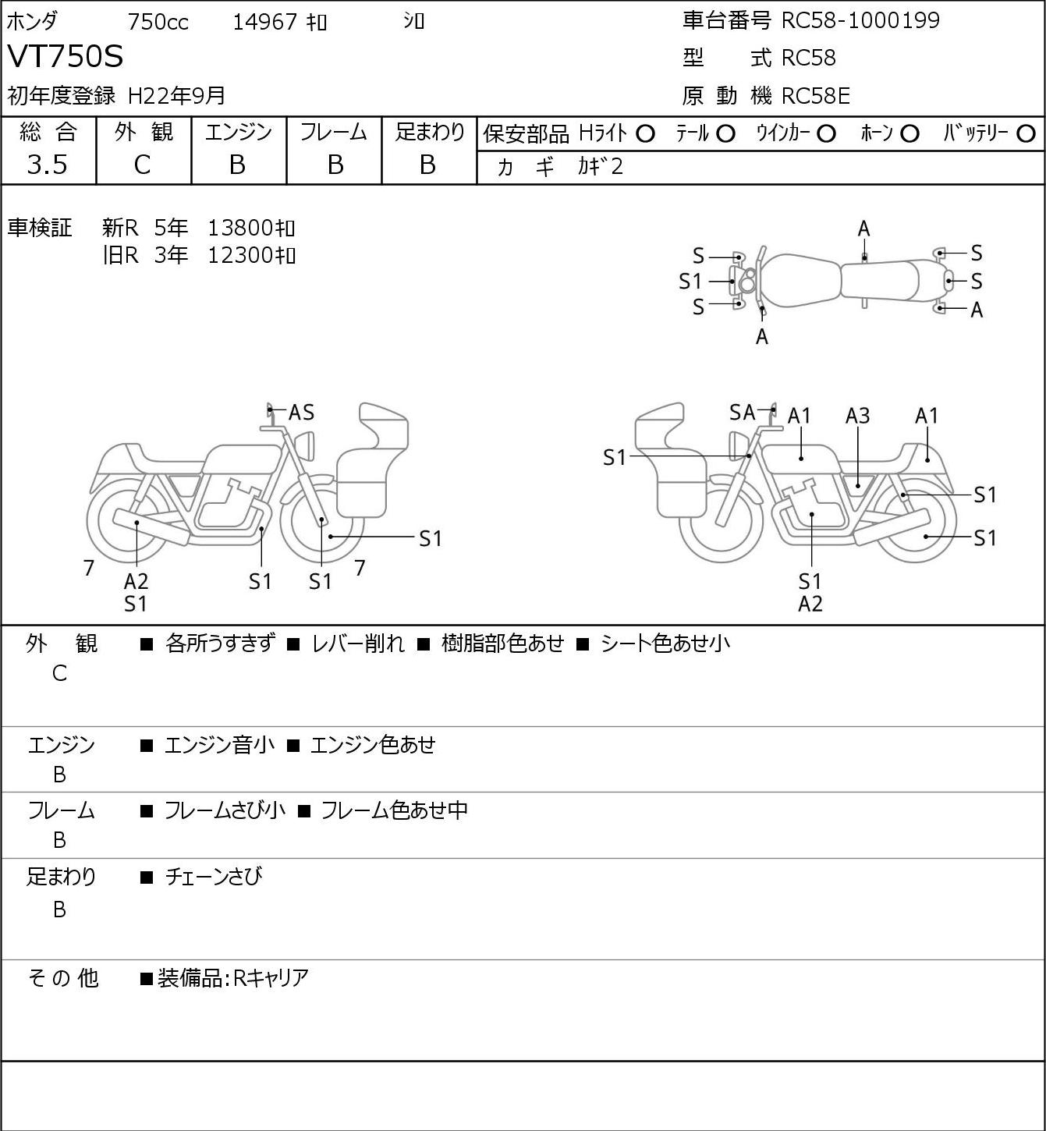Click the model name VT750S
(65, 56)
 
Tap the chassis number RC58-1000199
(860, 20)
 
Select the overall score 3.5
(48, 165)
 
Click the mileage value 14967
(265, 22)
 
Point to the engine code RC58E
(816, 96)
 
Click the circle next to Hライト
(645, 134)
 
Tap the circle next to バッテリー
(1026, 134)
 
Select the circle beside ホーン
(909, 134)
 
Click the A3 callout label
(857, 416)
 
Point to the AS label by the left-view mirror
(301, 413)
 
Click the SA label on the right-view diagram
(743, 413)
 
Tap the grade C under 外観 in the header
(143, 165)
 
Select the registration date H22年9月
(176, 96)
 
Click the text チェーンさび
(214, 876)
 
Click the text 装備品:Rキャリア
(233, 977)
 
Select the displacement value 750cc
(158, 22)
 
